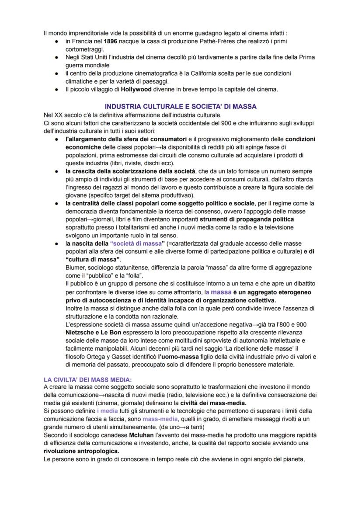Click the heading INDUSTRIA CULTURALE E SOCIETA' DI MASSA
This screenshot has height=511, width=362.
coord(181,106)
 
